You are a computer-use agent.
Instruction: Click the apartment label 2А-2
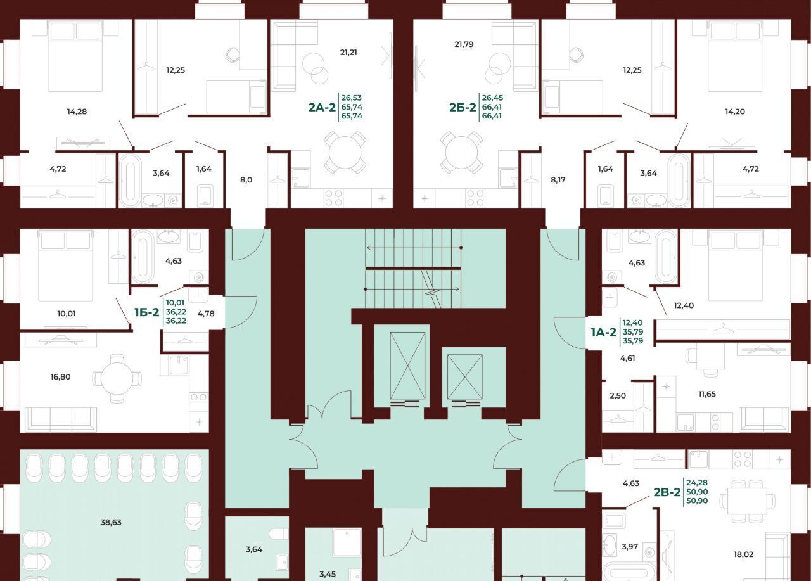(322, 107)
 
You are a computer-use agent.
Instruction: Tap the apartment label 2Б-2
(463, 107)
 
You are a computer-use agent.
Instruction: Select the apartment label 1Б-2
(146, 312)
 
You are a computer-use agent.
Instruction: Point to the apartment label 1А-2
(603, 332)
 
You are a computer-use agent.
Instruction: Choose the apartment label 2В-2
(667, 492)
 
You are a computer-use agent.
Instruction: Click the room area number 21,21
(348, 53)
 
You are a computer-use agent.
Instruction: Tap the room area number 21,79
(464, 44)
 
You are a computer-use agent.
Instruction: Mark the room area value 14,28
(77, 112)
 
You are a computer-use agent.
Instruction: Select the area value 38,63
(111, 522)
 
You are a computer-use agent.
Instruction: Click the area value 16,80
(60, 377)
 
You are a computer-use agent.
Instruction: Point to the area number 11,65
(707, 394)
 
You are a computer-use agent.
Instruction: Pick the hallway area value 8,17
(558, 180)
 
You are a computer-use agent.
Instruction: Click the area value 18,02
(743, 554)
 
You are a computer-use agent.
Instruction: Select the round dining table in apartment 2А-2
(345, 152)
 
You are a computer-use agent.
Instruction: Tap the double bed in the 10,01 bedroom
(65, 266)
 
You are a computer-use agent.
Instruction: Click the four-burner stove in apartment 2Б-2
(475, 198)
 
